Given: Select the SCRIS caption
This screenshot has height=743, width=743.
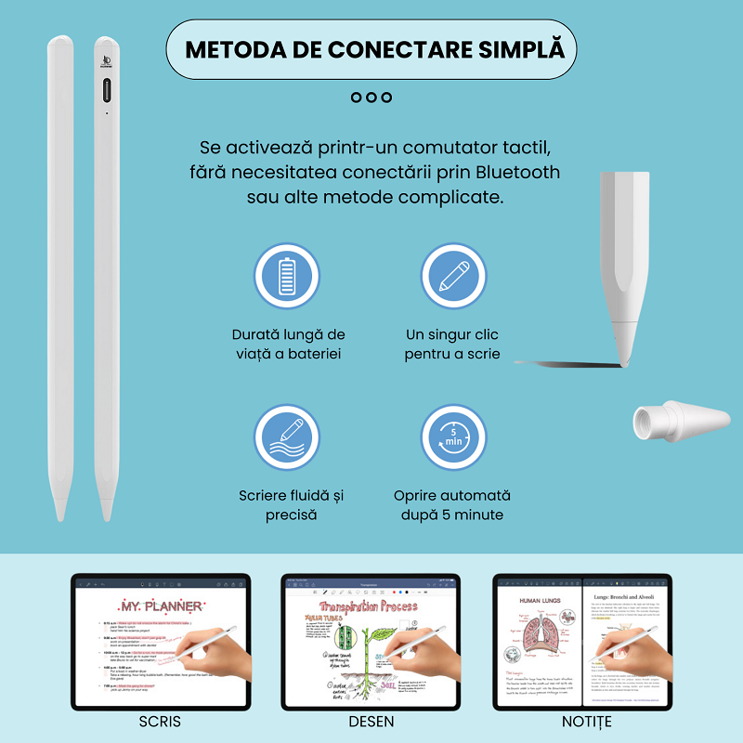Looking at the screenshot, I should click(x=160, y=722).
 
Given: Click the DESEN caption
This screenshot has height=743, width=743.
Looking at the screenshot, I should click(x=371, y=722).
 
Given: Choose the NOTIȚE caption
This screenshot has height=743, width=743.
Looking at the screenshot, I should click(x=587, y=722).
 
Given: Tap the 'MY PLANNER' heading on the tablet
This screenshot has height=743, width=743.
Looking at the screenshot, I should click(x=161, y=606).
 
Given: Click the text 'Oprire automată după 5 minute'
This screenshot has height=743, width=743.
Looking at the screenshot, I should click(x=452, y=505).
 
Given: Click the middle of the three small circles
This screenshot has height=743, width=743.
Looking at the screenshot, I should click(x=371, y=98).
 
